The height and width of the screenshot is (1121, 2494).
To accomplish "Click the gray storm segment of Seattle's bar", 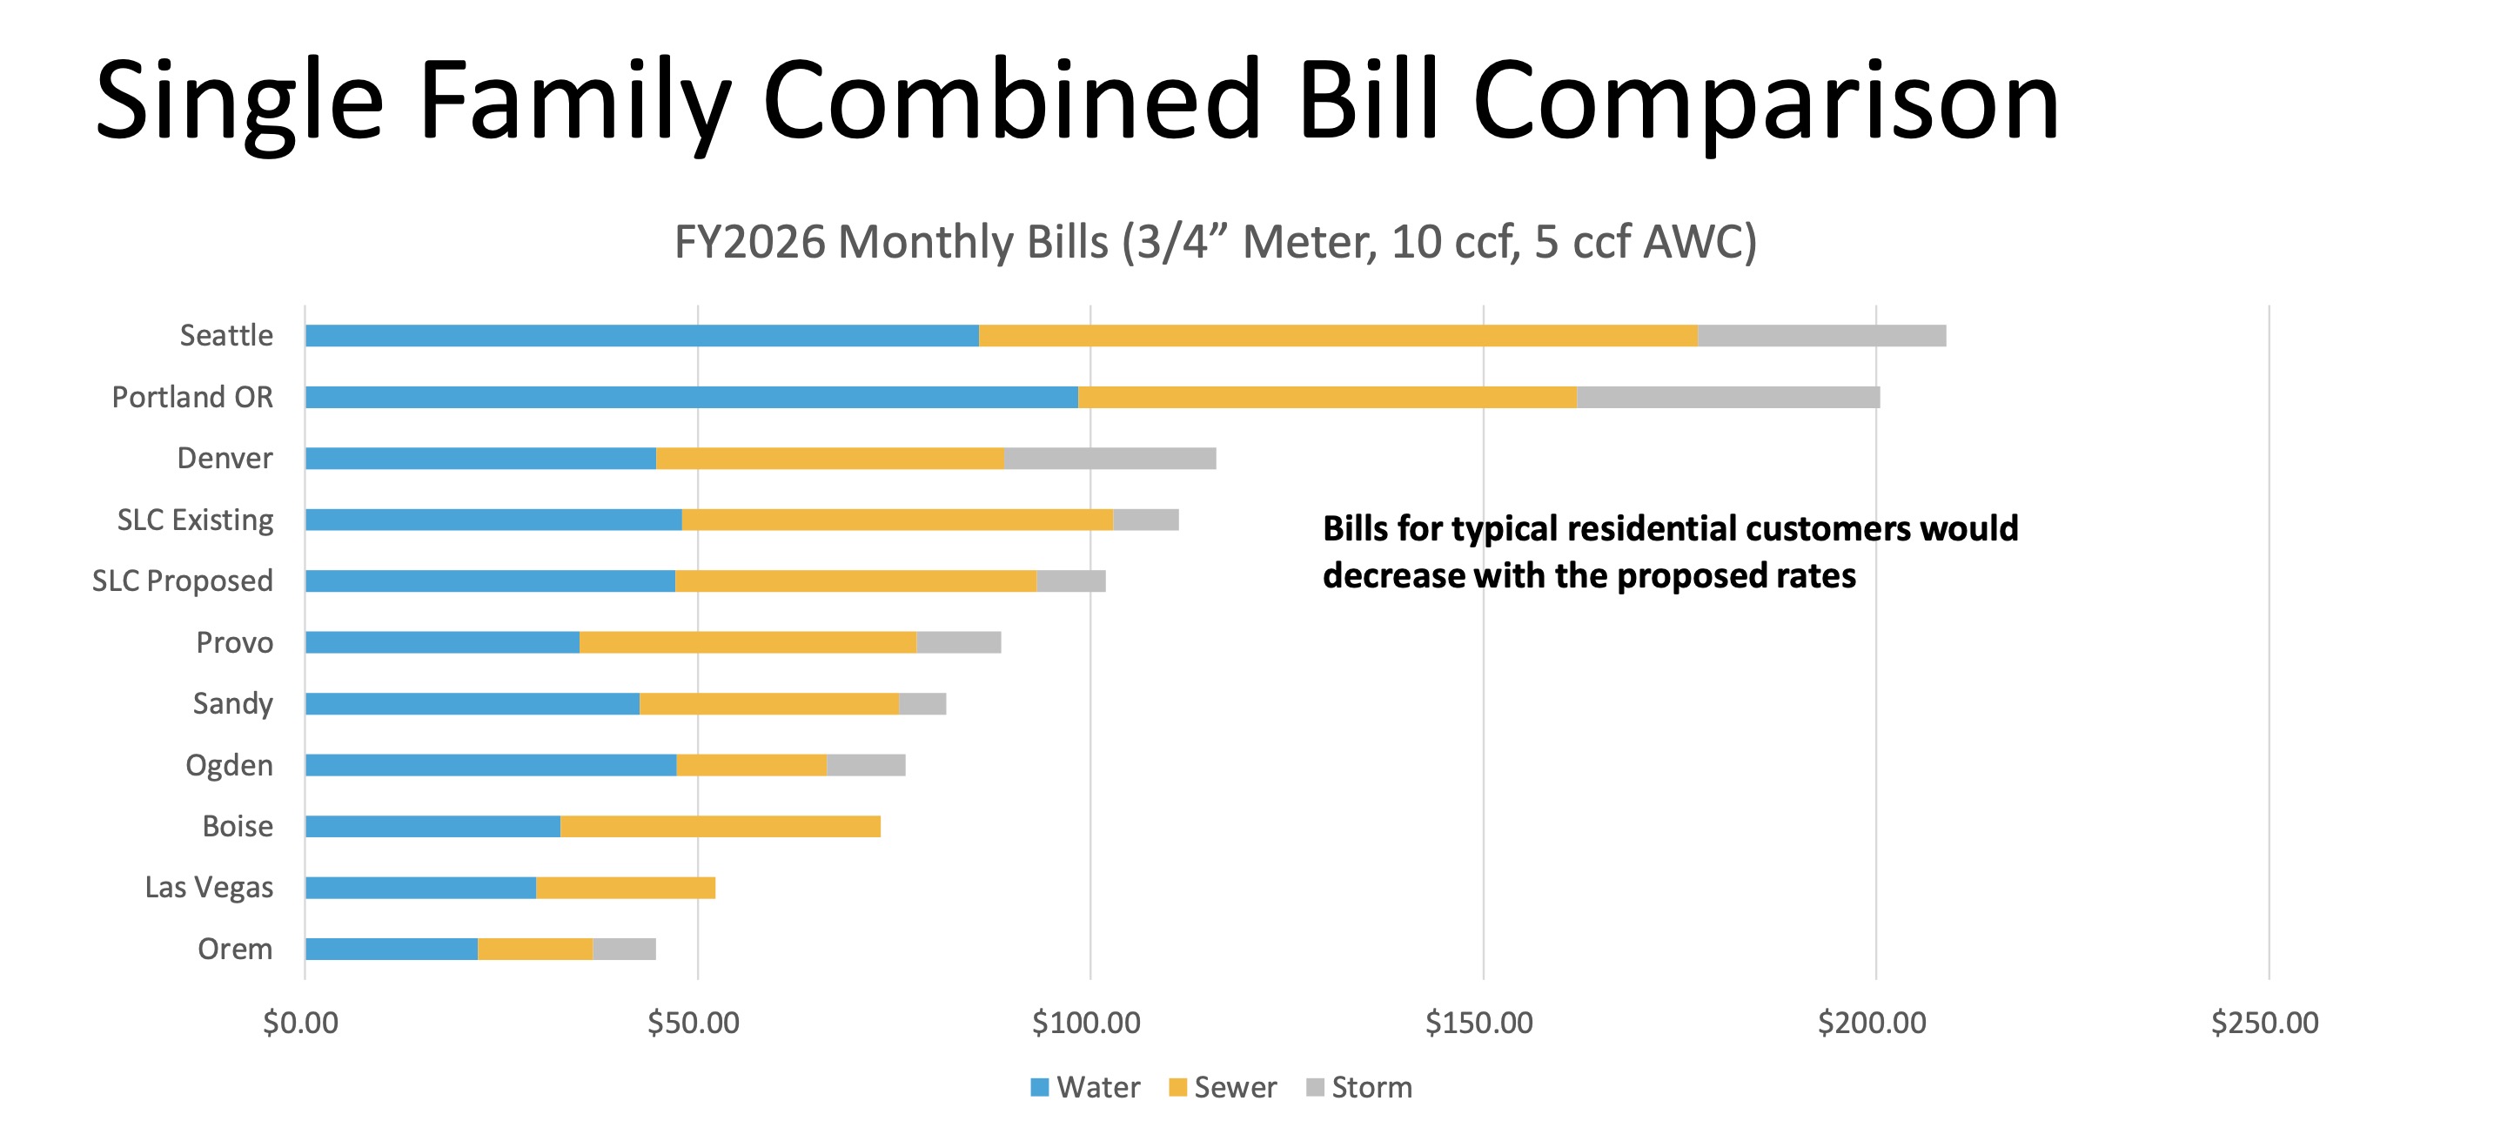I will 1821,336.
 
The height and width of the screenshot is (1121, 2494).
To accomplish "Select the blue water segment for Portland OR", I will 691,397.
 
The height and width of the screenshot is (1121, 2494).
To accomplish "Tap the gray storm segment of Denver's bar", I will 1110,458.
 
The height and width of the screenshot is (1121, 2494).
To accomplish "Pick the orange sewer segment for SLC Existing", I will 897,520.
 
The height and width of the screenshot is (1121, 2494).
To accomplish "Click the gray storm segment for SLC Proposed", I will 1071,581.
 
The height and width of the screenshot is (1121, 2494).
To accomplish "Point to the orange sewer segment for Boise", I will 721,826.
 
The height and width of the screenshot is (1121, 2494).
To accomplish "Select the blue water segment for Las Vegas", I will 420,888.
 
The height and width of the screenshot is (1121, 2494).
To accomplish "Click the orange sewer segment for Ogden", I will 751,765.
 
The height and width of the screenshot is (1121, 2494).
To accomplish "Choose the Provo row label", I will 234,643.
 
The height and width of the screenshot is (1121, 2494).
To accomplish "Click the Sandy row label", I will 232,704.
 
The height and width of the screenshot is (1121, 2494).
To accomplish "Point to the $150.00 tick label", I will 1478,1024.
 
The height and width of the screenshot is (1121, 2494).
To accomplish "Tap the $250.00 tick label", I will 2264,1024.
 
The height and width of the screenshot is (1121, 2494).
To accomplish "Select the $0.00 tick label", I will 300,1024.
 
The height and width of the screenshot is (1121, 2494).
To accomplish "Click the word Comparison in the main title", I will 1765,102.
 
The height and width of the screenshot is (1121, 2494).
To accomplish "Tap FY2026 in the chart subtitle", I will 749,242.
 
